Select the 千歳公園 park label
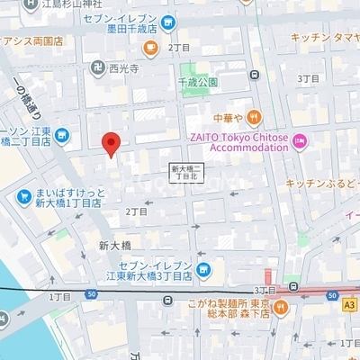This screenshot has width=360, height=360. click(x=201, y=82)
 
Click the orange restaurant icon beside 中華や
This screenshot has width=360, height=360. click(x=255, y=116)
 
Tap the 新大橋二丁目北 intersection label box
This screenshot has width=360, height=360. click(x=188, y=172)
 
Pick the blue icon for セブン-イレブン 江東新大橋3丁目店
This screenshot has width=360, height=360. click(x=203, y=268)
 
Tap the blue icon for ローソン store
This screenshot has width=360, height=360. click(x=62, y=136)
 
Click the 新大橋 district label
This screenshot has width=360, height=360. click(x=115, y=245)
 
